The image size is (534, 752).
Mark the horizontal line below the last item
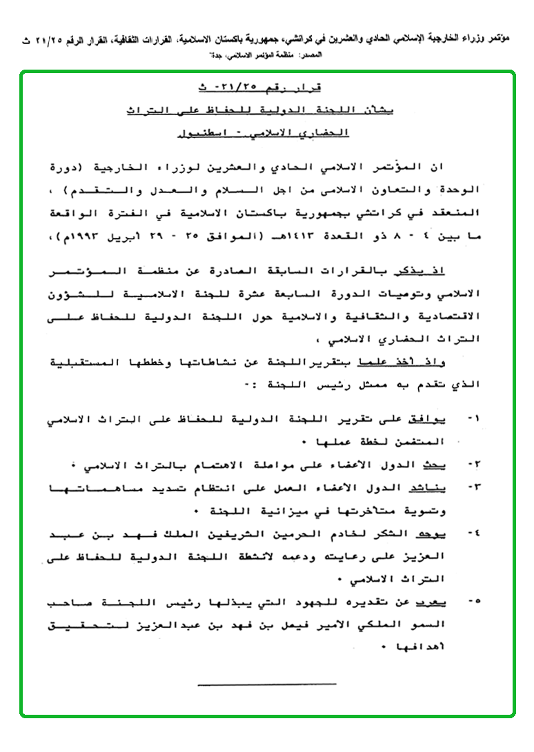(x=266, y=684)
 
